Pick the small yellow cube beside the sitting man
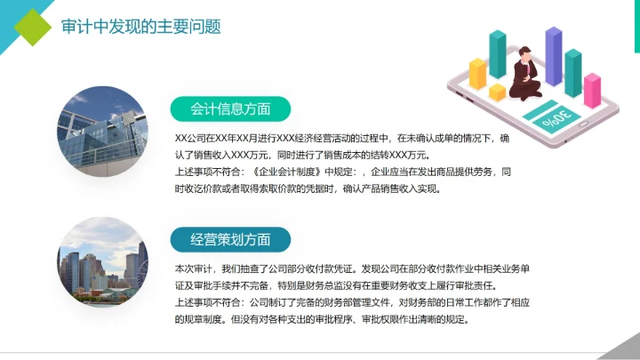(497, 92)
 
